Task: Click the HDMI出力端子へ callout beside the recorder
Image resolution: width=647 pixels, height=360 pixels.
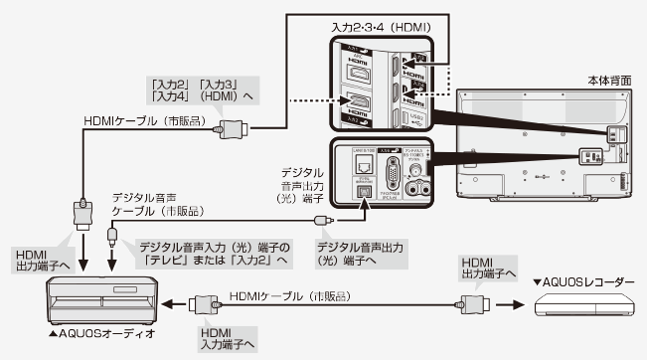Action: click(486, 264)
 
